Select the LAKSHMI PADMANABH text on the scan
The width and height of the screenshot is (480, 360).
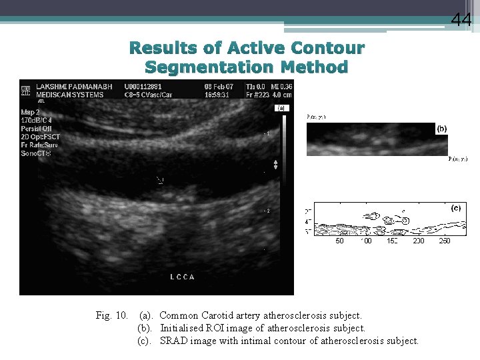[75, 86]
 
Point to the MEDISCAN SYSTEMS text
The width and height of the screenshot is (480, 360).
[69, 95]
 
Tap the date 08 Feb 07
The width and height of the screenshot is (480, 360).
[219, 86]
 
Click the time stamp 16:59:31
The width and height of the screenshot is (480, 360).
[217, 95]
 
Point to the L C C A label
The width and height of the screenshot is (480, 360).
[183, 277]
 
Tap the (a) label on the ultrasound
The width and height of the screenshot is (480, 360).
[281, 107]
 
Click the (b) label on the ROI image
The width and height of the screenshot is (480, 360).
[441, 129]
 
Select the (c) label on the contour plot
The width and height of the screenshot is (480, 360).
[456, 208]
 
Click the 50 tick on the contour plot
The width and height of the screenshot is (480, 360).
[340, 241]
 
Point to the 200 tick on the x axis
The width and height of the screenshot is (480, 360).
[418, 241]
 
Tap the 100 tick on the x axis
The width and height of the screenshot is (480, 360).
[365, 241]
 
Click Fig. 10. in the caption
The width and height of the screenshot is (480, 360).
[112, 315]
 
